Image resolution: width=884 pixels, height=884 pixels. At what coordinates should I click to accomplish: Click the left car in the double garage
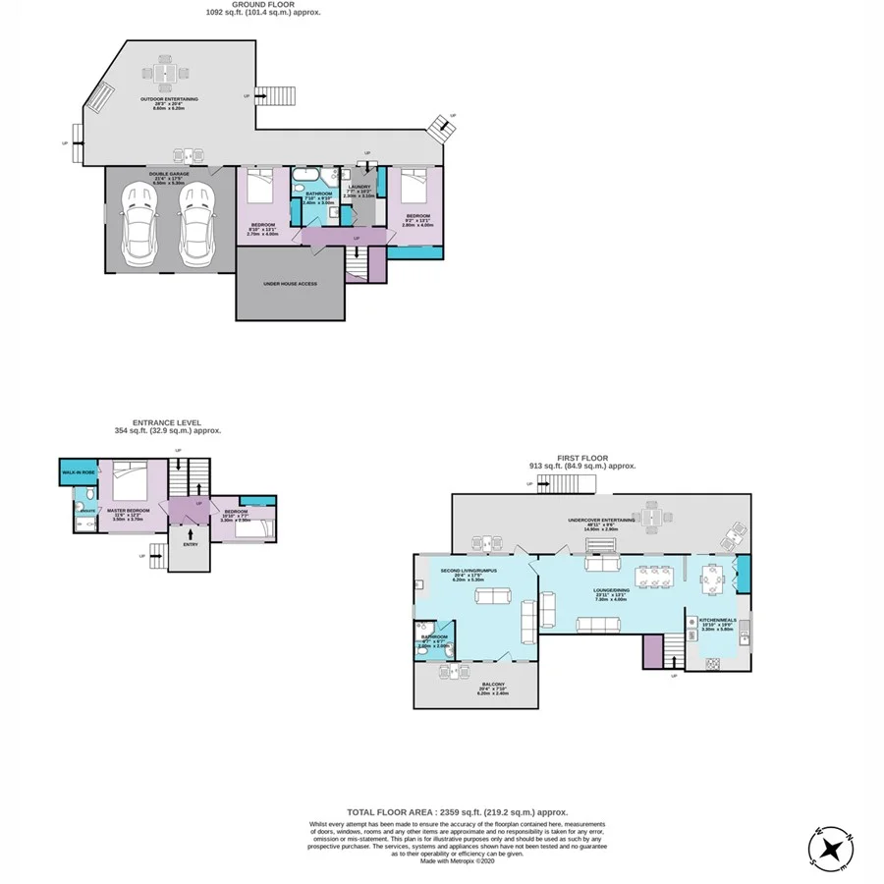pos(138,227)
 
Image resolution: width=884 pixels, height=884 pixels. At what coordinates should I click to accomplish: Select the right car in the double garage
pos(195,227)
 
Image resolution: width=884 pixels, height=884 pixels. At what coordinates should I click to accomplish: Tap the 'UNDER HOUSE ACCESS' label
pos(290,283)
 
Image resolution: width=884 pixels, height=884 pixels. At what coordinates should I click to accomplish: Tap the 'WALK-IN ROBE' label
pos(79,471)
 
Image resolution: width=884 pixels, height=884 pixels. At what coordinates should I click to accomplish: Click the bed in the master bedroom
pos(129,487)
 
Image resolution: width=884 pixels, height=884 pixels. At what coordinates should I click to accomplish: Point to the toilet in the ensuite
pos(78,509)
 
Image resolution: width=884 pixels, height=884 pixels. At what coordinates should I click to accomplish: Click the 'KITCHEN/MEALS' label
pos(716,620)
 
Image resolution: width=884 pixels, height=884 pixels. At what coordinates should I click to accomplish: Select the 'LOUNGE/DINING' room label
pos(612,591)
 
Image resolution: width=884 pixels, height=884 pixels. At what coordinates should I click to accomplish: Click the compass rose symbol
pos(834,846)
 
